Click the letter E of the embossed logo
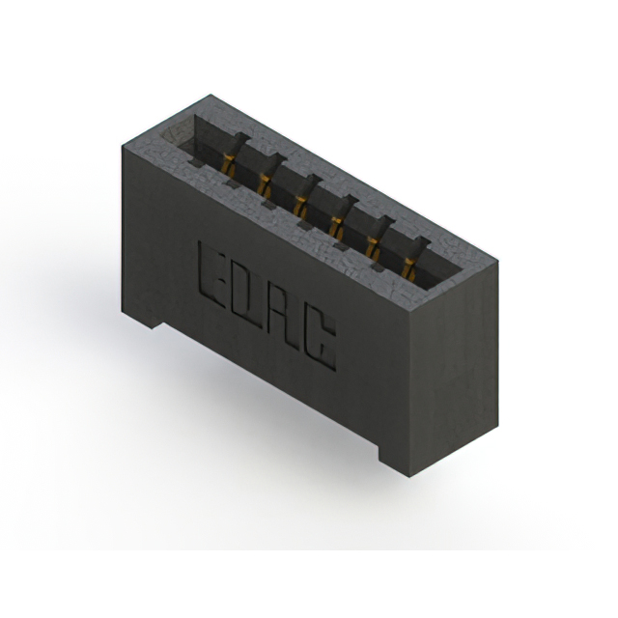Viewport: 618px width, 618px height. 210,271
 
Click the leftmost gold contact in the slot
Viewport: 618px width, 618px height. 228,164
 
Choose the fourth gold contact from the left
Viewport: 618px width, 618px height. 336,227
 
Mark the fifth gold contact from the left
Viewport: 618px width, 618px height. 372,248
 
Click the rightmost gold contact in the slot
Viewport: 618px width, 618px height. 408,269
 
